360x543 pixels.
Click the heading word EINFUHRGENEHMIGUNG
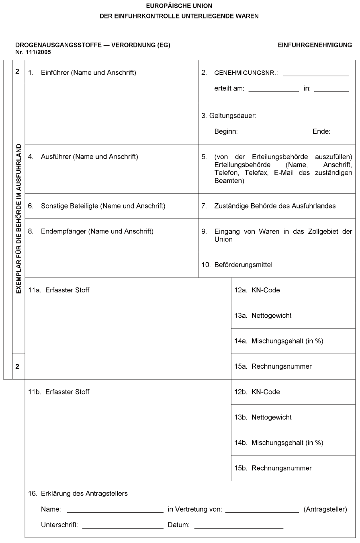(x=315, y=45)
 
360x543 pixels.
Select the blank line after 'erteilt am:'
(x=273, y=91)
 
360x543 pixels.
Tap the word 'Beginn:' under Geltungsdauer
(x=226, y=131)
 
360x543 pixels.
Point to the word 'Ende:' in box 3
(x=321, y=131)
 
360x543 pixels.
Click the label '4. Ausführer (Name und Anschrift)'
(x=83, y=157)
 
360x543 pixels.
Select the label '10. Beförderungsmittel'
(x=237, y=265)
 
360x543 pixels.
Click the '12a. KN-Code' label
(x=257, y=290)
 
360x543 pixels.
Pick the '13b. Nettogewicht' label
(x=263, y=417)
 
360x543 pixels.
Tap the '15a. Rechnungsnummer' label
(x=273, y=366)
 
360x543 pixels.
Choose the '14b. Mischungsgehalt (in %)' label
(x=278, y=443)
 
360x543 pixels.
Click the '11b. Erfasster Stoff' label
(x=59, y=392)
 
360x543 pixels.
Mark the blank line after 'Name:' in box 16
(x=115, y=512)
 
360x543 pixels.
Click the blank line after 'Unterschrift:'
(x=123, y=527)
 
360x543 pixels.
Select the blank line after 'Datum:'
(x=239, y=527)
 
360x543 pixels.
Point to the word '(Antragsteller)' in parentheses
(x=325, y=509)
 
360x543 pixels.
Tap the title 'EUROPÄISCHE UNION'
(x=180, y=6)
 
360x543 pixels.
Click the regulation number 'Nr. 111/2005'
(x=33, y=52)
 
